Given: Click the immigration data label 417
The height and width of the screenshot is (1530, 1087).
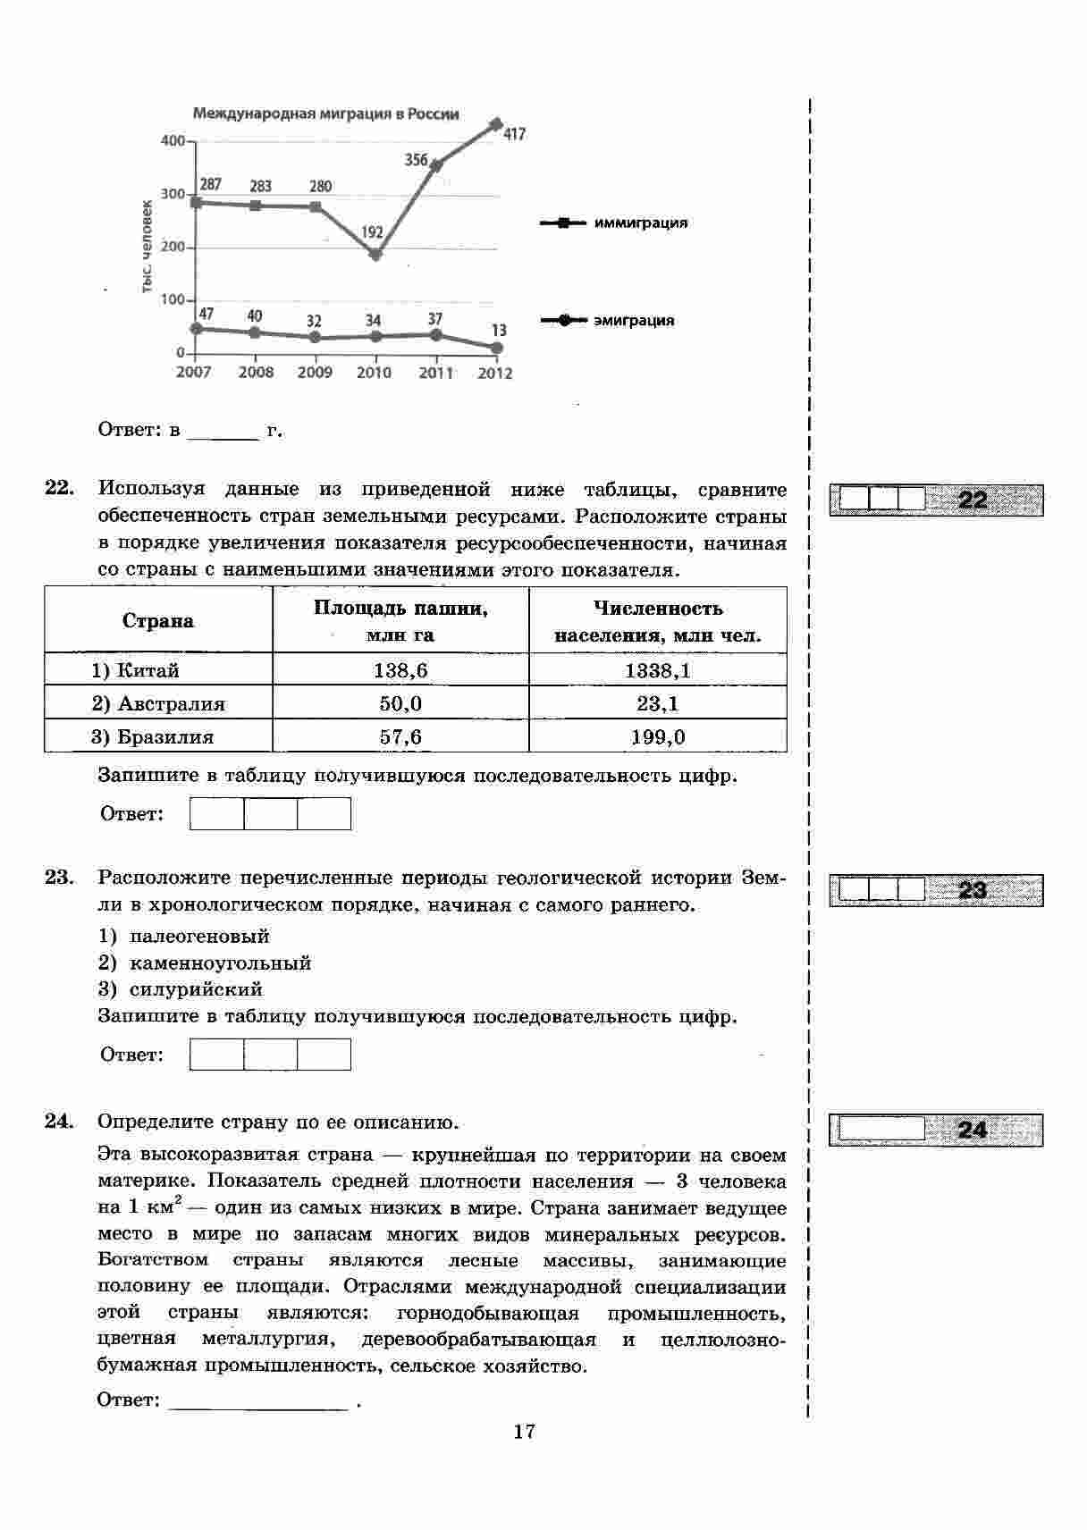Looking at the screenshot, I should click(x=514, y=135).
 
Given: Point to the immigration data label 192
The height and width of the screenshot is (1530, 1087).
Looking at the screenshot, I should click(x=372, y=232).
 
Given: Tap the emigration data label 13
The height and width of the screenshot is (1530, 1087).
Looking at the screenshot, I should click(x=500, y=331).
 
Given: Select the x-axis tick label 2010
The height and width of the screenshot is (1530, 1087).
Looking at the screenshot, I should click(x=374, y=373).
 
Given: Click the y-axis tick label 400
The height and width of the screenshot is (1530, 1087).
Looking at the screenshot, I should click(x=173, y=141).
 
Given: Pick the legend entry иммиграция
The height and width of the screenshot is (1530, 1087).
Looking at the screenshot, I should click(x=640, y=223).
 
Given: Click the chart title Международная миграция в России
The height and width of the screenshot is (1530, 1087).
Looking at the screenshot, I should click(x=326, y=113).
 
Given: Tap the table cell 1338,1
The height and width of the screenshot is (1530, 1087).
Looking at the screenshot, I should click(x=657, y=670).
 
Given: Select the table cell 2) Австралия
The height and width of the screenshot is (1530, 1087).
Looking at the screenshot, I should click(x=158, y=703).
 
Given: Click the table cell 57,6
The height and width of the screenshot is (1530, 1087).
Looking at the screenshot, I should click(x=400, y=736).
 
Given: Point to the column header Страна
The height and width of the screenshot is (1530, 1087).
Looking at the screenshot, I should click(x=158, y=621).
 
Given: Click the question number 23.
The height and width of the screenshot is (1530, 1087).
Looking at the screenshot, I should click(x=58, y=878).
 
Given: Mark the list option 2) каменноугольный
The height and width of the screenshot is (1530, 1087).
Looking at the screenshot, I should click(x=205, y=963).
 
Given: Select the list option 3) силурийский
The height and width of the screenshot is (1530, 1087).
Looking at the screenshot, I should click(x=181, y=989).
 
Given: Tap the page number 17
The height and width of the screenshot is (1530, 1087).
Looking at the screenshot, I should click(x=525, y=1431).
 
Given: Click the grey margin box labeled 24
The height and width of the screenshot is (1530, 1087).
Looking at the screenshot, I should click(x=935, y=1130).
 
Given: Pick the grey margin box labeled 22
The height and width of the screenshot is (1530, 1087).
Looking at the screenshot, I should click(x=935, y=499).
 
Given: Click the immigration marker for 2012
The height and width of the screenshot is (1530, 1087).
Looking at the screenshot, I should click(x=497, y=124).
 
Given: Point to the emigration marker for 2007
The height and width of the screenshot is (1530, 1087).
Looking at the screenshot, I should click(x=197, y=328).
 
